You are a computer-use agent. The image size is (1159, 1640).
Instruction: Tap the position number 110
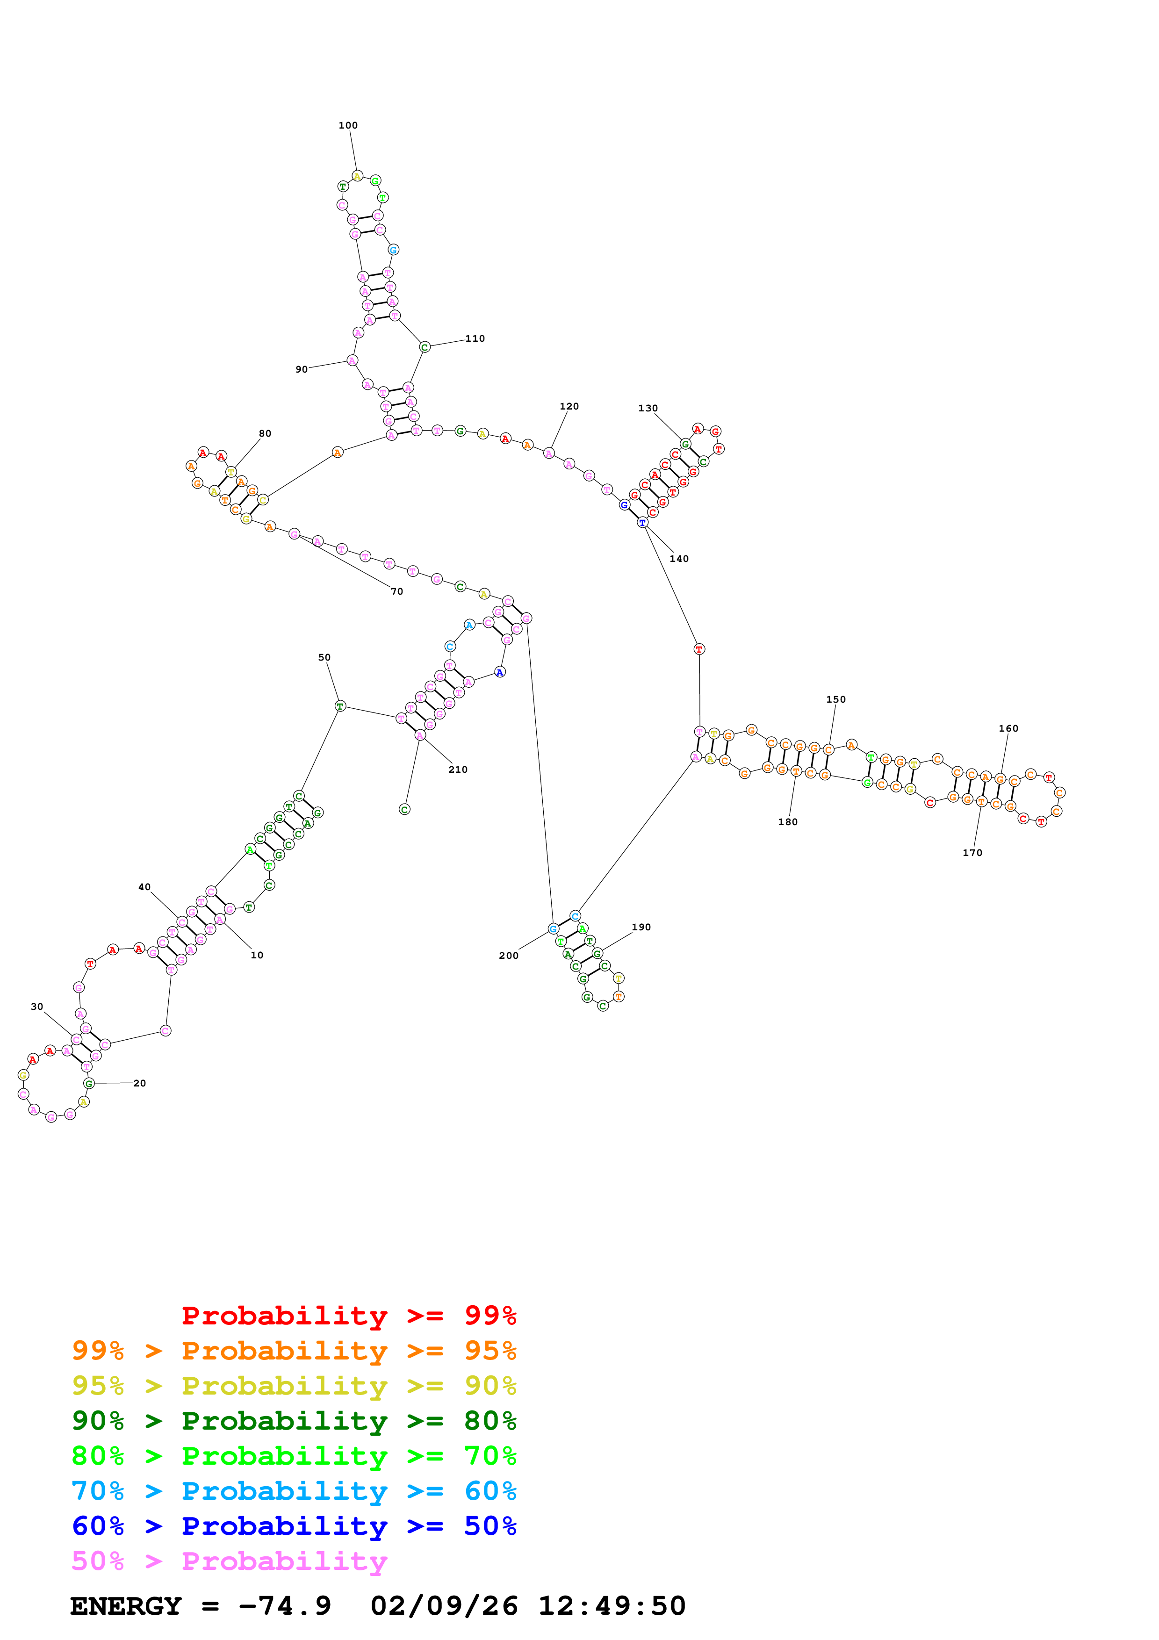(475, 338)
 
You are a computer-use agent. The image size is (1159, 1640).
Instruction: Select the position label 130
(648, 409)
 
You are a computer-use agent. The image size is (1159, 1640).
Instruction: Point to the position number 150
(835, 700)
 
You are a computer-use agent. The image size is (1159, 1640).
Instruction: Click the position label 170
(972, 853)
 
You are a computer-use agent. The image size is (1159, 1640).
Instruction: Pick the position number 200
(509, 956)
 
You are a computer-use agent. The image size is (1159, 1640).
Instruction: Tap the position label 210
(458, 770)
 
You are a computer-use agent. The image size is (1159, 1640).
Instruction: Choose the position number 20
(140, 1084)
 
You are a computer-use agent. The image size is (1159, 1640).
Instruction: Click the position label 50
(324, 658)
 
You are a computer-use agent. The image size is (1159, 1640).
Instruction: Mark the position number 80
(265, 433)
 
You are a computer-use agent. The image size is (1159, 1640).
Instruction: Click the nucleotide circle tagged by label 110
(424, 347)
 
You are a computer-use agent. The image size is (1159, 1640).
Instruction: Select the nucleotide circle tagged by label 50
(340, 706)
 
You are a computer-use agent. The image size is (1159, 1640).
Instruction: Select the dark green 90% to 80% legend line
(294, 1421)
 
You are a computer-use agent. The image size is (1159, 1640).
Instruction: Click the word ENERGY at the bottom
(126, 1606)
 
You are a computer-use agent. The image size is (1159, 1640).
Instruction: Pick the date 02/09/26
(444, 1606)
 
